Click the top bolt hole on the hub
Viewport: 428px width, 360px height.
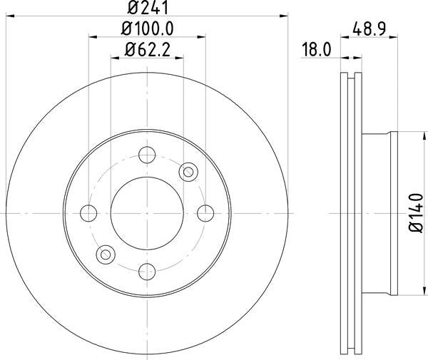148,155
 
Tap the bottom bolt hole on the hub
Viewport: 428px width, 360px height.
148,271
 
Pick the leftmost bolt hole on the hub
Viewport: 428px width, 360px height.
89,212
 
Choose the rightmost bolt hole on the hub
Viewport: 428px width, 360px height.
205,212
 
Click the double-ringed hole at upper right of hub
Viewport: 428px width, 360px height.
188,171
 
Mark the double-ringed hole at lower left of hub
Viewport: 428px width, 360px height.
106,254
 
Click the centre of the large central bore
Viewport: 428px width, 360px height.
148,212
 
